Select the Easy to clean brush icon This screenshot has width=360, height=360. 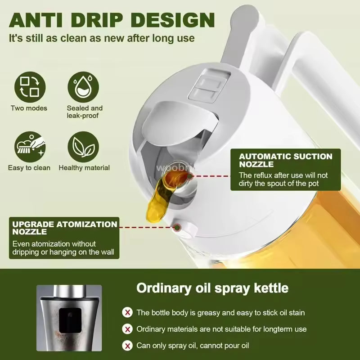pos(29,146)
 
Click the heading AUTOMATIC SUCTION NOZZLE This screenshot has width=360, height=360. pos(285,160)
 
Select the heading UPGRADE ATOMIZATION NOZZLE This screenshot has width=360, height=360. pos(65,228)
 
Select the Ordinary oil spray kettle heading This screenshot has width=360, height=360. pos(212,288)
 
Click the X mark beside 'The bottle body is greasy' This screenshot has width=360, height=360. pos(128,312)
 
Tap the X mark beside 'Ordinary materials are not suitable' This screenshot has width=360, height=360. pos(128,329)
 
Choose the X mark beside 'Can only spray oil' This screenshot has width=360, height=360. pos(128,346)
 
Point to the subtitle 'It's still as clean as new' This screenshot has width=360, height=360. pos(102,38)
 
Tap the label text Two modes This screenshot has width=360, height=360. pos(29,108)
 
